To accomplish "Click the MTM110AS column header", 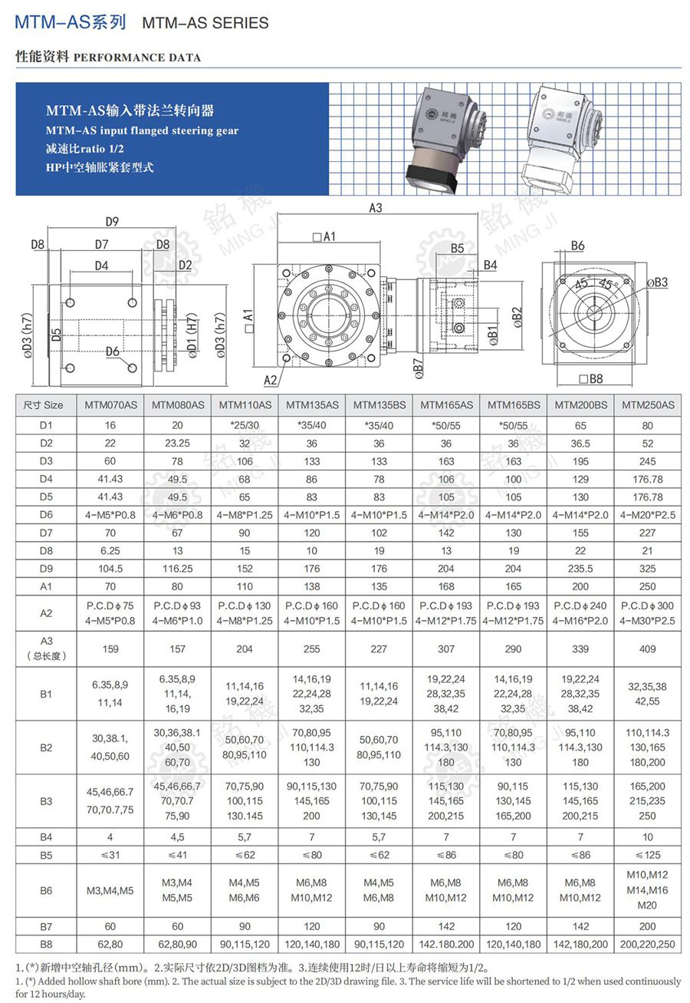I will coord(245,404).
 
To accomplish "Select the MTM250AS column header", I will coord(648,404).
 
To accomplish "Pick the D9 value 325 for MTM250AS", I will coord(648,569).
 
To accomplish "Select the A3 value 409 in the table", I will coord(648,648).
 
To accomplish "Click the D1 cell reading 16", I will coord(110,425).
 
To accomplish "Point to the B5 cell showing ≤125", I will coord(648,854).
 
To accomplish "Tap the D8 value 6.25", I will coord(110,551).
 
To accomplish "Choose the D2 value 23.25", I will coord(177,444).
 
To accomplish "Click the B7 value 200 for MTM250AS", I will coord(648,926).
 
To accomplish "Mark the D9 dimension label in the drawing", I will coord(112,223).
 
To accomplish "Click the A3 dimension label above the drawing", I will coord(375,208).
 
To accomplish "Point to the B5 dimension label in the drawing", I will coord(458,249).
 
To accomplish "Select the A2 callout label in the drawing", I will coord(270,380).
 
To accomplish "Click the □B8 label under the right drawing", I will coord(591,378).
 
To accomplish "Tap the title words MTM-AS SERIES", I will coord(205,23).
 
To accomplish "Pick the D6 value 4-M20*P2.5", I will coord(648,515).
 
